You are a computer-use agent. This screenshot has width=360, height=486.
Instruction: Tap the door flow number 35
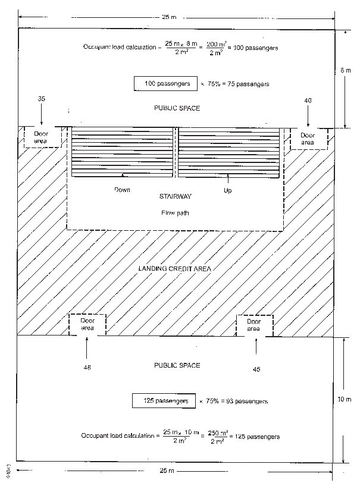(x=41, y=99)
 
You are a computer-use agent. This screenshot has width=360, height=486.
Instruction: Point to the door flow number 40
(x=308, y=101)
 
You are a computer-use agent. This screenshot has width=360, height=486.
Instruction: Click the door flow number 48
(x=87, y=368)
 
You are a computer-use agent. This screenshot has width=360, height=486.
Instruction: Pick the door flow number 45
(x=256, y=369)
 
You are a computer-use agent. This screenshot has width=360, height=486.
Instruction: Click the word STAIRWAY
(x=176, y=196)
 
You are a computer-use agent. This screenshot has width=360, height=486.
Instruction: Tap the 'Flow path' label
(x=174, y=212)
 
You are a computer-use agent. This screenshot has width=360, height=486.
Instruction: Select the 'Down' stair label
(x=122, y=190)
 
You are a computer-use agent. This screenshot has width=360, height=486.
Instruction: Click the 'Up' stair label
(x=228, y=190)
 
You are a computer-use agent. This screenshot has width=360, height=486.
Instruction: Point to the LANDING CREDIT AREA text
(x=175, y=268)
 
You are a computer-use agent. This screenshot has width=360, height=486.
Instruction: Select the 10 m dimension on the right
(x=348, y=399)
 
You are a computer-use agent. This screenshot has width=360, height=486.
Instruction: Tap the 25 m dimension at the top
(x=169, y=17)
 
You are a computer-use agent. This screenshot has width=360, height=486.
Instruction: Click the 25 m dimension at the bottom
(x=167, y=471)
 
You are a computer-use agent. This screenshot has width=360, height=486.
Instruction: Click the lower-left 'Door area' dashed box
(x=87, y=325)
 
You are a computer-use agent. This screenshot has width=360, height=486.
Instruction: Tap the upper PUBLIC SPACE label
(x=177, y=108)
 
